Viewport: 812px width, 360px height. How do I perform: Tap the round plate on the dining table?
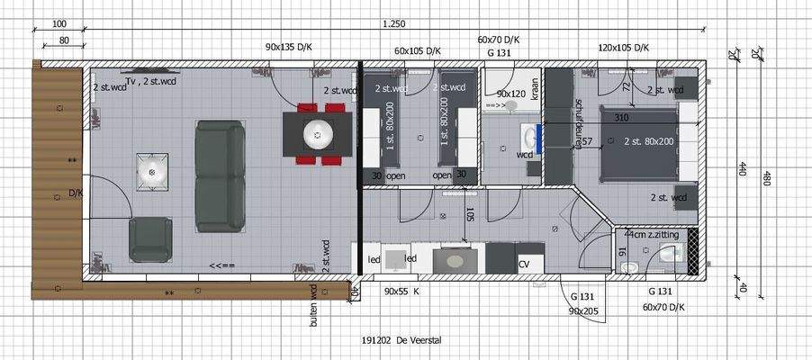(317, 135)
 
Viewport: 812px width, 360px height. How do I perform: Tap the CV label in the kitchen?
(524, 264)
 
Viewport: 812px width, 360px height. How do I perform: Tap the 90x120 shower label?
(511, 94)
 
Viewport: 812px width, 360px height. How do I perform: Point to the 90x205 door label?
(583, 310)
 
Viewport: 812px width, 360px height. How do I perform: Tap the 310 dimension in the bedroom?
(621, 118)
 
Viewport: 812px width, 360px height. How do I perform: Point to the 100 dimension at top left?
(60, 23)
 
